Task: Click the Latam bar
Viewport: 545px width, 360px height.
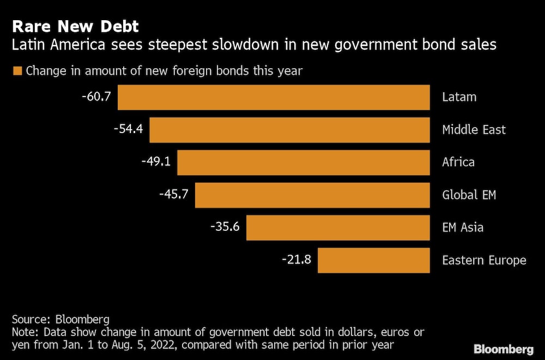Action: pos(274,97)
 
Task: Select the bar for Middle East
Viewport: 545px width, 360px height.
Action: pos(289,130)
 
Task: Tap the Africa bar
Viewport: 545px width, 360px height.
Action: pos(303,162)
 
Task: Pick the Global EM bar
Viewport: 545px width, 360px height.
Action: pos(312,195)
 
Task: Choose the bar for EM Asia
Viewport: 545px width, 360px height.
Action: pos(338,227)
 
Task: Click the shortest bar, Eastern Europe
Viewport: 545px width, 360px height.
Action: pos(373,260)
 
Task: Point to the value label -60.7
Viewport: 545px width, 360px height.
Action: pos(96,97)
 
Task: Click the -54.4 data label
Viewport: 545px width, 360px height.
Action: pos(128,129)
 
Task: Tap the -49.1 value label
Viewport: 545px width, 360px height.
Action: pos(156,161)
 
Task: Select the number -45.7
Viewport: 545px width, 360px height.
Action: pos(174,194)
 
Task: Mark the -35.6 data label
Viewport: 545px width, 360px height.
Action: pos(225,227)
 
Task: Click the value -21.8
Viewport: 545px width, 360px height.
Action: pos(296,259)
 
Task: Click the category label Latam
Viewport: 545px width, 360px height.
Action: pos(459,97)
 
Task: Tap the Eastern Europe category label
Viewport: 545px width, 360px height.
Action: pos(484,260)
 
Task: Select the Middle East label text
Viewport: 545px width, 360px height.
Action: pos(474,130)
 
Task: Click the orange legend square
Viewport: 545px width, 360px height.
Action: pos(17,70)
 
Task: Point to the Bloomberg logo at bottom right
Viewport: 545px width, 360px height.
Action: pos(503,349)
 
